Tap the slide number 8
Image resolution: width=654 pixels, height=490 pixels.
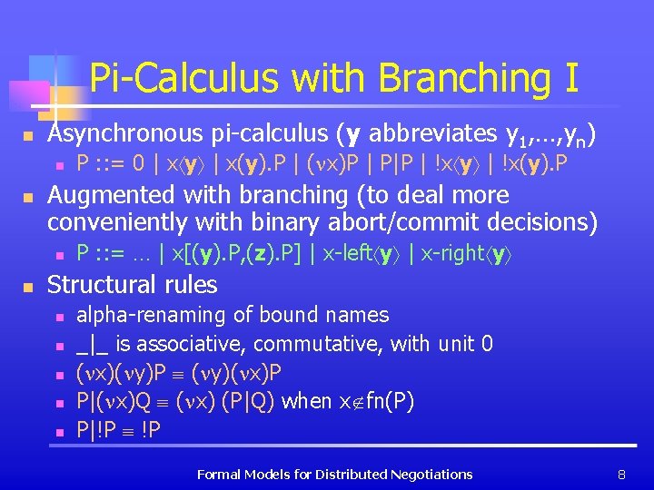621,474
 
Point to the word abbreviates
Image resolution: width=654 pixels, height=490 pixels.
429,133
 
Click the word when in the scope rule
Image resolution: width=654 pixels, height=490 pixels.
306,400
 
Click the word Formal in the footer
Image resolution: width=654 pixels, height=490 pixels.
220,474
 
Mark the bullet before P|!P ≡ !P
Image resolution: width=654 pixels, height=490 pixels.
58,430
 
